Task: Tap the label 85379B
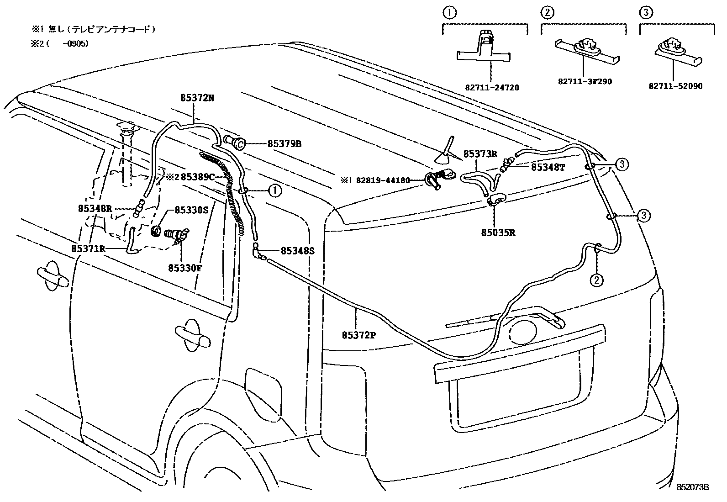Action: tap(284, 144)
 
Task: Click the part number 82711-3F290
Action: tap(585, 81)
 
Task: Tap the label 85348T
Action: tap(548, 168)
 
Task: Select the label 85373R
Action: tap(480, 154)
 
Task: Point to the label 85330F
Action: tap(184, 268)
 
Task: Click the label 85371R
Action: tap(89, 248)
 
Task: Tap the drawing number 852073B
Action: tap(692, 487)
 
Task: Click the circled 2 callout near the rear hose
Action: tap(596, 279)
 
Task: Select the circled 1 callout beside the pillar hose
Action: tap(274, 190)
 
